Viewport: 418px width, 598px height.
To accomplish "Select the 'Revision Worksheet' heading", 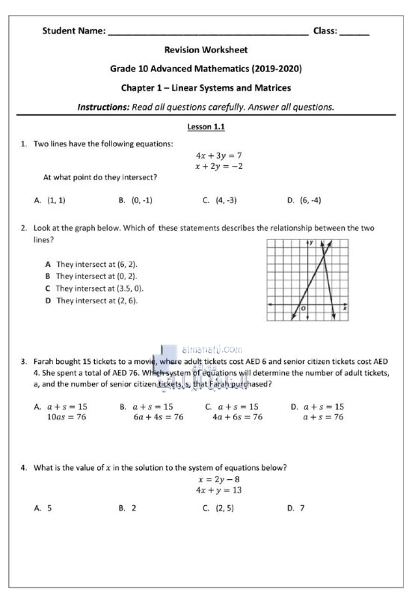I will click(206, 50).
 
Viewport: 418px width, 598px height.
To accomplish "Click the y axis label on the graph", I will click(311, 244).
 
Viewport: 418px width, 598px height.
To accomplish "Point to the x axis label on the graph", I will click(344, 307).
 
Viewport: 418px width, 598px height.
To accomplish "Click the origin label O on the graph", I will click(304, 308).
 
